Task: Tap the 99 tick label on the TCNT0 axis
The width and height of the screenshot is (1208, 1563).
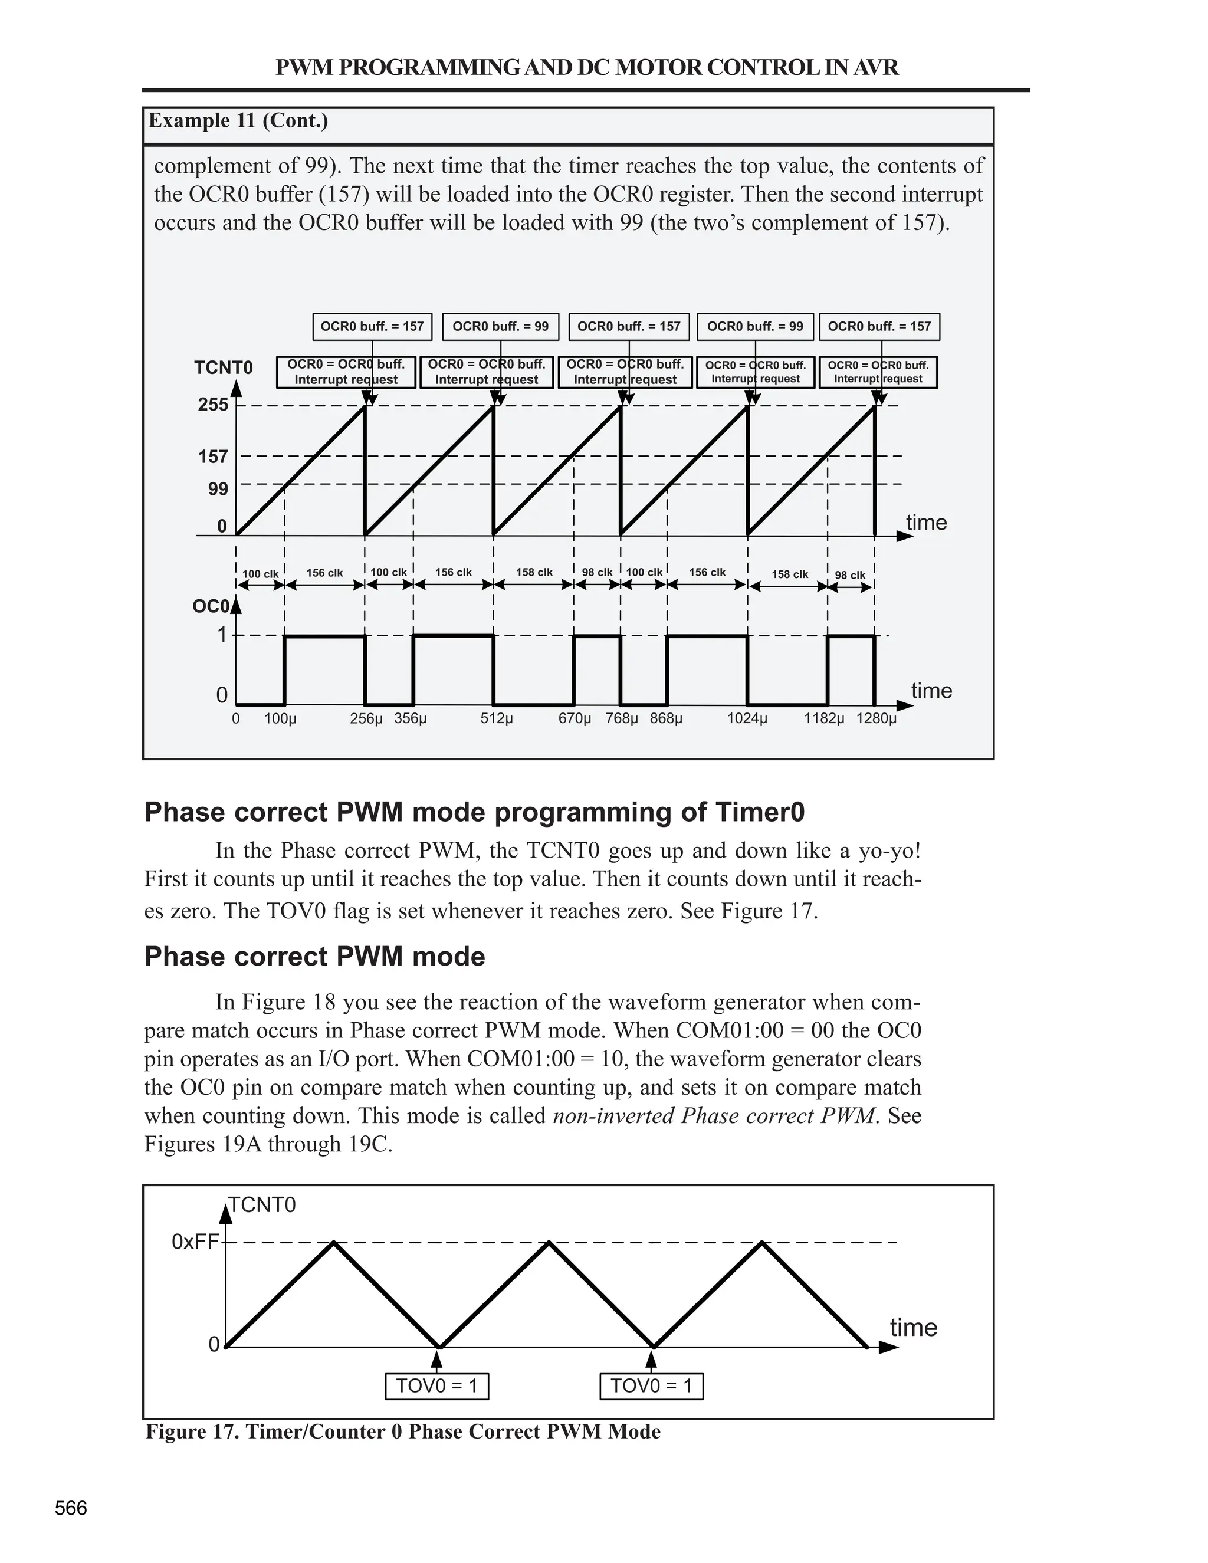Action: (x=218, y=489)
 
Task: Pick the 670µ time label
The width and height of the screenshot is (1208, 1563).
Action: (x=575, y=718)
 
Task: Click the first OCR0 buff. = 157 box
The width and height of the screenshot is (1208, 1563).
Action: (x=372, y=326)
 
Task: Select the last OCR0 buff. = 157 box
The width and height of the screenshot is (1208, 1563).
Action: (x=879, y=326)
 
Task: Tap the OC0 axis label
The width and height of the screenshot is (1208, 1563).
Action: (x=211, y=606)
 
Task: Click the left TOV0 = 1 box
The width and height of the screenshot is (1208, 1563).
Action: (x=436, y=1386)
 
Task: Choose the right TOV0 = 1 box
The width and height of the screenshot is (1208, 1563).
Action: (x=651, y=1386)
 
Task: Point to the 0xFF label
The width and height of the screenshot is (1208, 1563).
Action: (x=195, y=1242)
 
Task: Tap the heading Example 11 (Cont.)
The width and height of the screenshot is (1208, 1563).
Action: (x=238, y=120)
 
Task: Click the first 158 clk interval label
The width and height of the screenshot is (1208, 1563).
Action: (x=534, y=573)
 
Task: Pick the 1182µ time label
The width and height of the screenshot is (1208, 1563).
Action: (x=823, y=718)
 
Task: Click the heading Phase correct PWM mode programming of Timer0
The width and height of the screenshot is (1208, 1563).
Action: (x=474, y=812)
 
